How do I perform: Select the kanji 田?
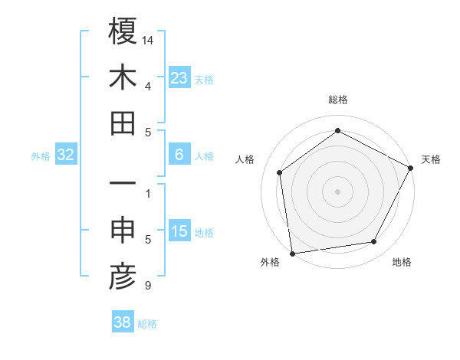123,123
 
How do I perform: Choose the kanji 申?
123,231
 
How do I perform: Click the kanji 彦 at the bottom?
123,277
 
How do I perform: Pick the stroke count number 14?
148,39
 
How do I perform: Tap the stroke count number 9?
147,286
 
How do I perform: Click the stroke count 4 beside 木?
147,87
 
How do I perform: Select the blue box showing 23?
179,77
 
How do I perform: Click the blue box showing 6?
179,155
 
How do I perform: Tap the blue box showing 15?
179,231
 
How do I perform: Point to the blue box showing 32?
66,155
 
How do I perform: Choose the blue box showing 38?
122,323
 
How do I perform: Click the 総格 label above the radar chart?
338,100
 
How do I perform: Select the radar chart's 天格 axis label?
431,159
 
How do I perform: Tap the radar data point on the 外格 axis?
292,253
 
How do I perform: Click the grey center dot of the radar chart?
338,191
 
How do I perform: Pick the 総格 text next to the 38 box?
147,324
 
